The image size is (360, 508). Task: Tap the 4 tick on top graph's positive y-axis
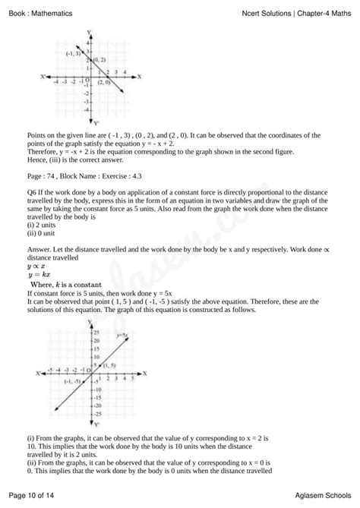87,43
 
